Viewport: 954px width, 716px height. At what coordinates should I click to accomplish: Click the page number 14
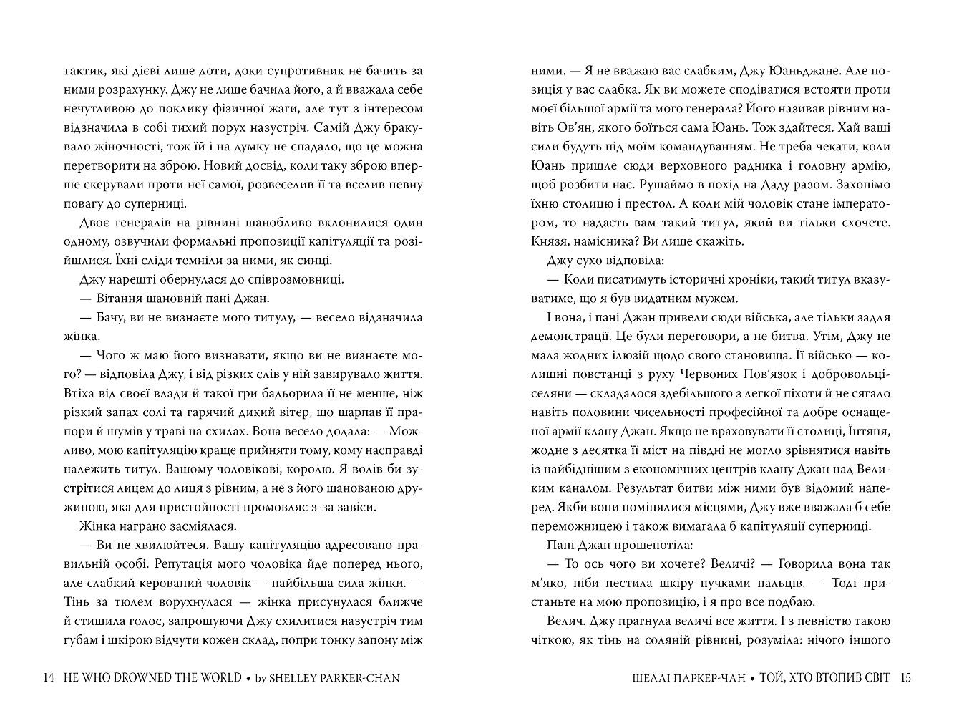49,677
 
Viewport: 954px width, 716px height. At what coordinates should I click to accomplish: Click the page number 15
905,677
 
